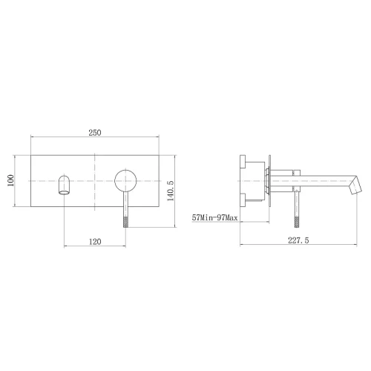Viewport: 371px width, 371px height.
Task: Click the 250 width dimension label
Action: click(95, 133)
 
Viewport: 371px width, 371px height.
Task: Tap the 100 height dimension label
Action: click(10, 181)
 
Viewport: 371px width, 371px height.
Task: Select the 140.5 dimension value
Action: click(171, 191)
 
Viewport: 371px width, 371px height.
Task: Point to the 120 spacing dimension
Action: click(95, 241)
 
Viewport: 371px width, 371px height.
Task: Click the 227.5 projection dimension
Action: click(298, 240)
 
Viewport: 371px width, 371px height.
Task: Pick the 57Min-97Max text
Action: click(214, 217)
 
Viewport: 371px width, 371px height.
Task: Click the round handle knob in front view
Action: click(125, 181)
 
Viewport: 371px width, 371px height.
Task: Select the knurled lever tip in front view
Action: click(125, 222)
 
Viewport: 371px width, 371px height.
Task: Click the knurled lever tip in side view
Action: click(297, 222)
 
